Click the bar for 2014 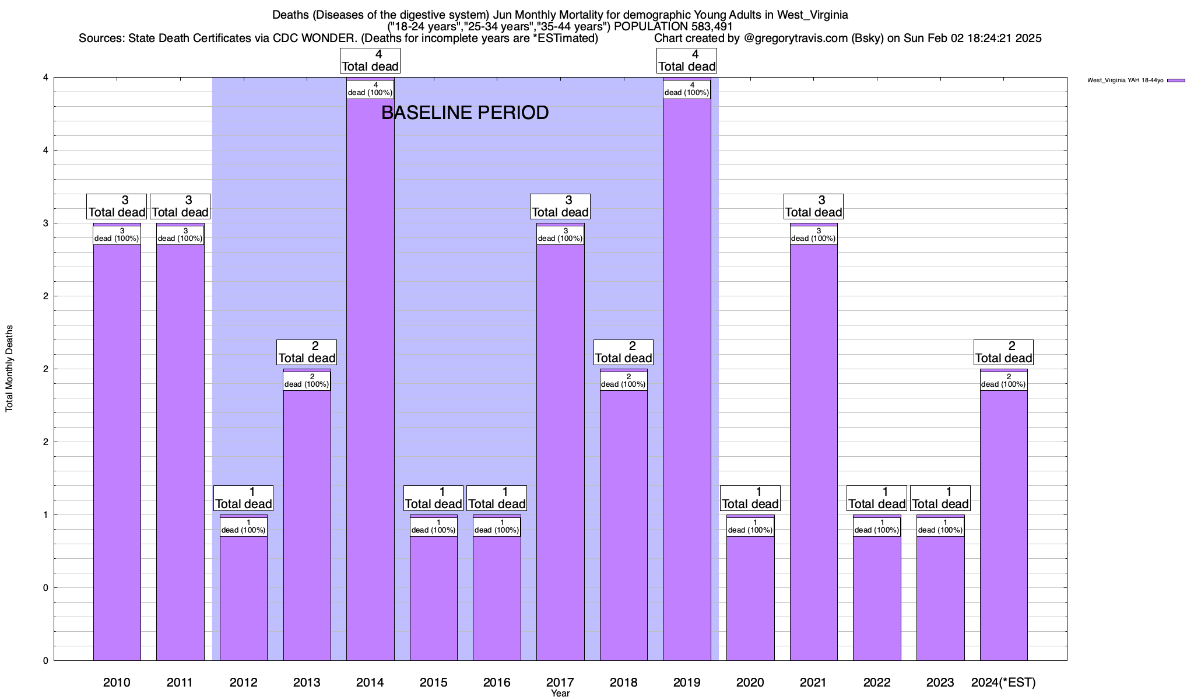click(x=370, y=379)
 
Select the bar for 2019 click(x=687, y=379)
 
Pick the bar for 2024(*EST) click(x=1003, y=525)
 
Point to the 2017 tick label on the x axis click(x=560, y=682)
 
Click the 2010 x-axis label click(x=117, y=682)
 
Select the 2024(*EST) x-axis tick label click(x=1003, y=682)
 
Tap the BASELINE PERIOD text click(x=465, y=113)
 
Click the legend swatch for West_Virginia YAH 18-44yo click(x=1176, y=80)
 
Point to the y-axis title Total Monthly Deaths click(x=9, y=369)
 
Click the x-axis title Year click(x=560, y=694)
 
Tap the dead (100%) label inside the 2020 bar click(x=750, y=527)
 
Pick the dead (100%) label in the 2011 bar click(x=180, y=235)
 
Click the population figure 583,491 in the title click(x=710, y=26)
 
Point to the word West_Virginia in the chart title click(x=812, y=15)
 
